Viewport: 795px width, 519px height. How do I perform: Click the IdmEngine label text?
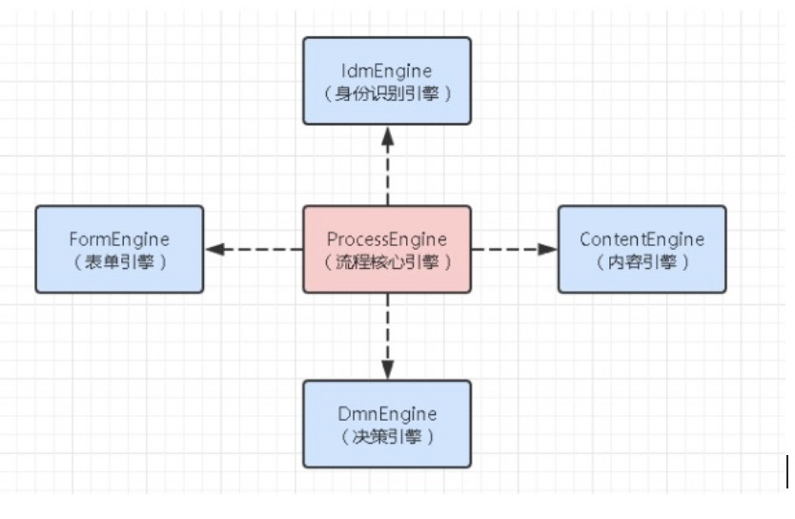click(386, 71)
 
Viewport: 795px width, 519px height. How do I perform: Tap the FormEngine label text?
click(119, 239)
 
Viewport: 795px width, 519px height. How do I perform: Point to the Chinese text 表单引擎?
click(119, 261)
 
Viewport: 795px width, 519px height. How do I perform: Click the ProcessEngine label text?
click(386, 239)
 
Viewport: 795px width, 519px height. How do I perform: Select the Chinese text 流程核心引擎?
click(386, 261)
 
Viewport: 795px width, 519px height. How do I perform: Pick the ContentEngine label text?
click(642, 239)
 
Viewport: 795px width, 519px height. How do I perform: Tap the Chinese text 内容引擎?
click(642, 261)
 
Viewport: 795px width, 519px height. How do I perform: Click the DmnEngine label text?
click(386, 414)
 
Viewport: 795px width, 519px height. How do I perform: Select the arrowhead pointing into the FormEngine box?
click(215, 249)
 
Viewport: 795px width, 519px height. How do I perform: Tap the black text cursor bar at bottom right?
click(787, 471)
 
